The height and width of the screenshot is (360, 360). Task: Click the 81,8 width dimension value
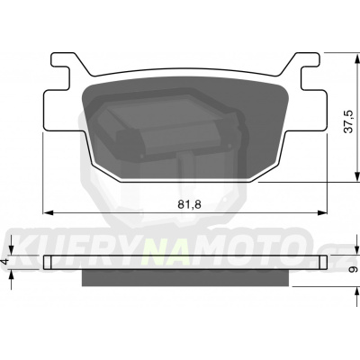click(x=189, y=204)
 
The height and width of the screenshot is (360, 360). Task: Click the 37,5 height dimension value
click(x=348, y=121)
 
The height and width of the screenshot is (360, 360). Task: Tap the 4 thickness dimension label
click(x=5, y=261)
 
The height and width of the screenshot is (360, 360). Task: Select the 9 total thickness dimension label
click(x=354, y=269)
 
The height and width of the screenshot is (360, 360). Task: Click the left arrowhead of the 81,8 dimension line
click(x=49, y=212)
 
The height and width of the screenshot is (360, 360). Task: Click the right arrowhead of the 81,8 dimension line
click(x=322, y=212)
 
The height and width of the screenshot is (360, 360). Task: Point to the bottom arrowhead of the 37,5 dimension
click(x=357, y=176)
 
